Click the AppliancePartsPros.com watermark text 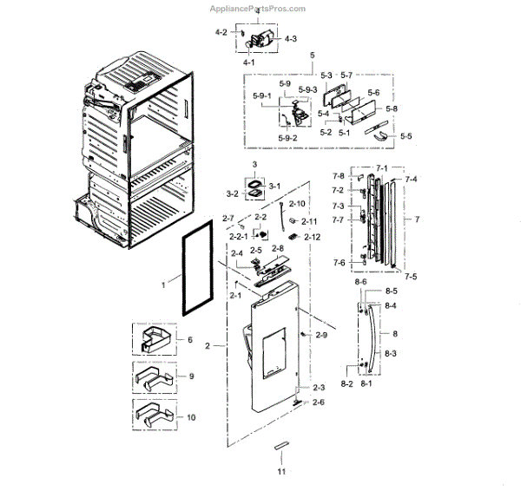pos(259,9)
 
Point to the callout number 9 pos(190,377)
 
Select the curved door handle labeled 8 pos(375,334)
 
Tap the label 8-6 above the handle pos(361,283)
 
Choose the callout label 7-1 pos(381,166)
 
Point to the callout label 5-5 pos(406,136)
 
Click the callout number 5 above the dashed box pos(312,55)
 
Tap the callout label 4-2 pos(221,32)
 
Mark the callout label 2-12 pos(312,237)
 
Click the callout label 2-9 pos(320,334)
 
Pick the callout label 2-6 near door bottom pos(320,402)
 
